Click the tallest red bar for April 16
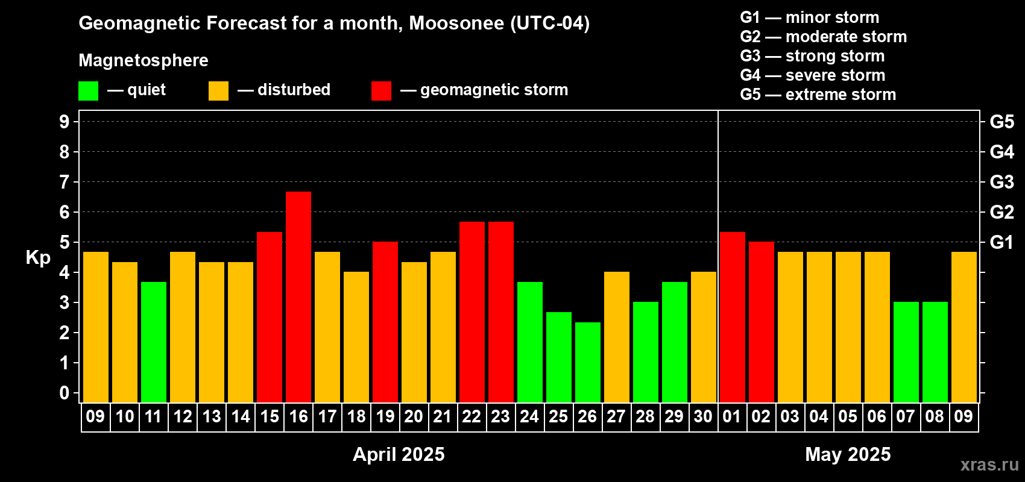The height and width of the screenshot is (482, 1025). point(298,297)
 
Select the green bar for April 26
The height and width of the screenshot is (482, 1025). point(587,362)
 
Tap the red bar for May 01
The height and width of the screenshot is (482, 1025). point(732,317)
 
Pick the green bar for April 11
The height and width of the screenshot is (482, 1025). point(154,342)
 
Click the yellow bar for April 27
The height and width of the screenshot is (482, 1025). point(617,337)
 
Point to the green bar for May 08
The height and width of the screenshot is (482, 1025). point(935,352)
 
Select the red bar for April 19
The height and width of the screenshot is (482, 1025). point(385,322)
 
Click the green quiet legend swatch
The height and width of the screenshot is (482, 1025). point(88,90)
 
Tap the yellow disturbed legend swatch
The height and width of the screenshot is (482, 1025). point(218,90)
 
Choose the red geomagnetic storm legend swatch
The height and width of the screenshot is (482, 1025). point(381,90)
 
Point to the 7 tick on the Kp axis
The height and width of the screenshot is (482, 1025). point(64,182)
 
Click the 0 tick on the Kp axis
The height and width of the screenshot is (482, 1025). point(64,393)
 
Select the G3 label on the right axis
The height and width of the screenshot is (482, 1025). point(1002,182)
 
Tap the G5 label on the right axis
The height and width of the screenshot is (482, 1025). point(1002,122)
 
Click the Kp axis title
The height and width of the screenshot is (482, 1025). point(38,258)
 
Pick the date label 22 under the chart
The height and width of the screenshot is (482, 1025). point(471,416)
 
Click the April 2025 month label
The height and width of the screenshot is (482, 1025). point(399,454)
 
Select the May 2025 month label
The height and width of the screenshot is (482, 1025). point(848,454)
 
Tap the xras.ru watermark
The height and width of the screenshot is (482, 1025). point(989,465)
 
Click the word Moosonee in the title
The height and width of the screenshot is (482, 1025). point(456,23)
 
